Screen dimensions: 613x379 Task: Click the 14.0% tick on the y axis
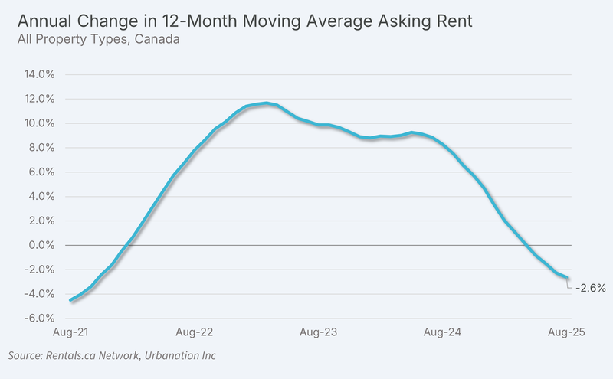(39, 74)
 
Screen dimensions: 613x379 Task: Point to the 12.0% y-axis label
(39, 99)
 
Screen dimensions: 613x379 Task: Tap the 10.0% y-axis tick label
(39, 123)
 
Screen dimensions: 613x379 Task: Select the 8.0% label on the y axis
(41, 148)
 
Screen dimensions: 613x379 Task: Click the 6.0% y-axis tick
(41, 172)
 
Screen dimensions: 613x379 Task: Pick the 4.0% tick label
(41, 196)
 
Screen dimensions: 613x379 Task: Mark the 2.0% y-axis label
(41, 221)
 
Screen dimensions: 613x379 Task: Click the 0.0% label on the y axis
(41, 245)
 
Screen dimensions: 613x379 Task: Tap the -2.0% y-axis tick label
(39, 270)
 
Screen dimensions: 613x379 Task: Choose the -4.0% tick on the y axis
(39, 294)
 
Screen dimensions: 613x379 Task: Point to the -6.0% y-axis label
(39, 318)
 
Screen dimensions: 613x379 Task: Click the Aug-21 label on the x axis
(70, 332)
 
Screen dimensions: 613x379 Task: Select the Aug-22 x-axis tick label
(195, 332)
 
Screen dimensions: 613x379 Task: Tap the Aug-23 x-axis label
(318, 332)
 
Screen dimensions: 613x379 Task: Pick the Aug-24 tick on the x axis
(442, 332)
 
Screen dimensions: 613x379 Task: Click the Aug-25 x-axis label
(566, 332)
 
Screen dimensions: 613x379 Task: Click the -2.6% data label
(591, 289)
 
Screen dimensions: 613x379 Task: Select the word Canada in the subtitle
(157, 39)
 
